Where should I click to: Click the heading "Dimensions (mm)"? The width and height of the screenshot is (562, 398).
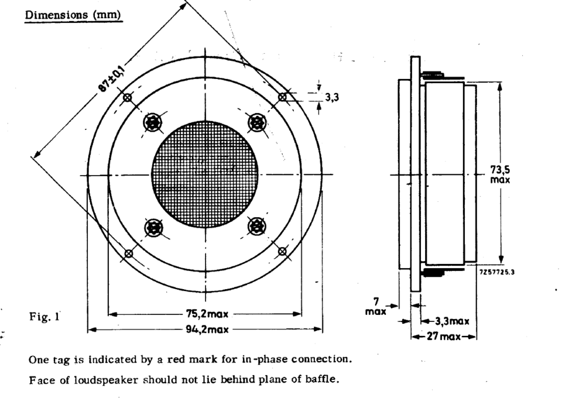74,15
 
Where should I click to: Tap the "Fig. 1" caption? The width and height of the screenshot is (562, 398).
44,317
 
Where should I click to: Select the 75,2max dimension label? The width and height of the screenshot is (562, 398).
207,314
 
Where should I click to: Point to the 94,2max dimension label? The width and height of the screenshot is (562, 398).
207,329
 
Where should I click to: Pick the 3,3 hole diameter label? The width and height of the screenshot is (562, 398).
332,97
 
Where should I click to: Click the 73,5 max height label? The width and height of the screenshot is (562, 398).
500,174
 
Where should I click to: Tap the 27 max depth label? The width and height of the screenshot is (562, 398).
444,337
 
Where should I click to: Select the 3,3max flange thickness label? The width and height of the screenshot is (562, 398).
452,321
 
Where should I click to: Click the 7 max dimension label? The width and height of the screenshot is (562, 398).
376,307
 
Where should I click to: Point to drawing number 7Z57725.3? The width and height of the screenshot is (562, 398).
497,272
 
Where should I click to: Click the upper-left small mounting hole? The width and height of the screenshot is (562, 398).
128,97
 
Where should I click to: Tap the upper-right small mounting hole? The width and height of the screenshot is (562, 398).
283,97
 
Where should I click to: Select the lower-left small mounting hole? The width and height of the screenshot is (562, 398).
128,253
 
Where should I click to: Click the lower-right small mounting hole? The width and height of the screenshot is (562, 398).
282,252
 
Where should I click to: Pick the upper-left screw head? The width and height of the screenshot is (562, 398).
152,123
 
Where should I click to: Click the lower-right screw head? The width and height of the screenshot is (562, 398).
257,227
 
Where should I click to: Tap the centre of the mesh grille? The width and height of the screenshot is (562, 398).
205,174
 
